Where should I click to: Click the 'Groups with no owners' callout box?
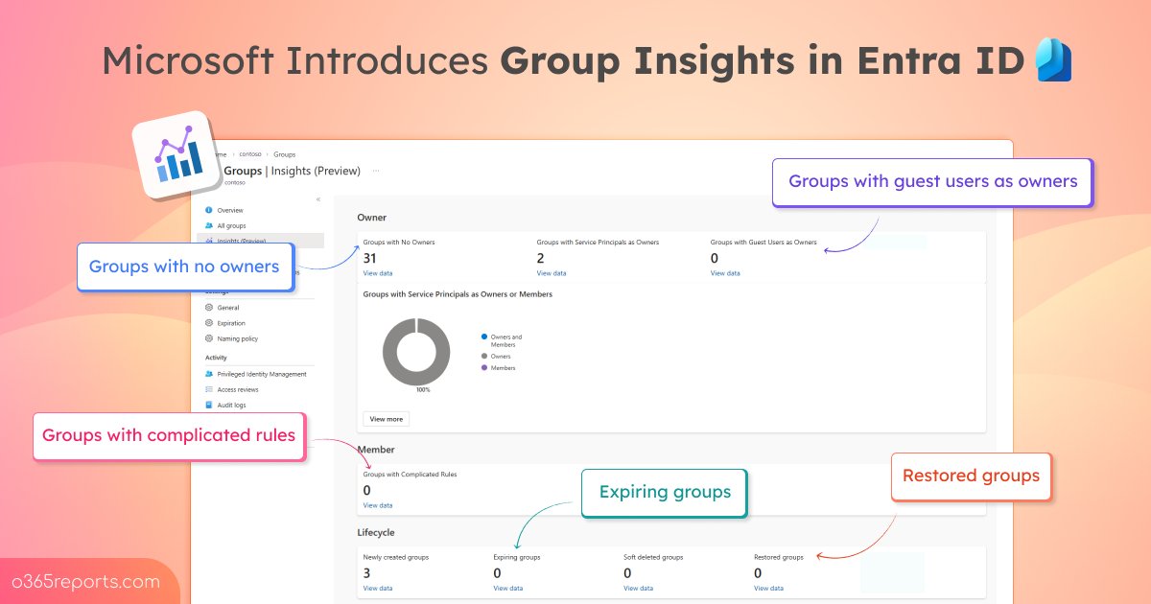tap(184, 267)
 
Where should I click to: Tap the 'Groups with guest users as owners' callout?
tap(932, 181)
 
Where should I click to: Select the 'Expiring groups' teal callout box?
tap(665, 492)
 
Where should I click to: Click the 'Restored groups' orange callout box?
tap(971, 476)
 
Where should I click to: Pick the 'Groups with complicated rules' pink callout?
tap(169, 435)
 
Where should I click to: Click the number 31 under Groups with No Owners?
tap(370, 258)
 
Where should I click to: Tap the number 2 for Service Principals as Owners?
tap(541, 258)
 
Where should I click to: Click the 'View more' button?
tap(387, 419)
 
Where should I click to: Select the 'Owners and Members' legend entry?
tap(505, 340)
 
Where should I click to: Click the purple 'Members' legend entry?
tap(502, 368)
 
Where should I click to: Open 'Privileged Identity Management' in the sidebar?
tap(262, 374)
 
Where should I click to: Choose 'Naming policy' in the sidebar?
tap(237, 338)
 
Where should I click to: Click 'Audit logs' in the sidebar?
tap(232, 406)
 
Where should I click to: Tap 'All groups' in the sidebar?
tap(231, 226)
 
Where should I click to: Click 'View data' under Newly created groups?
tap(378, 588)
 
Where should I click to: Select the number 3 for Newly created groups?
tap(367, 573)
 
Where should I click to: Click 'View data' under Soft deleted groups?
tap(639, 588)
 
